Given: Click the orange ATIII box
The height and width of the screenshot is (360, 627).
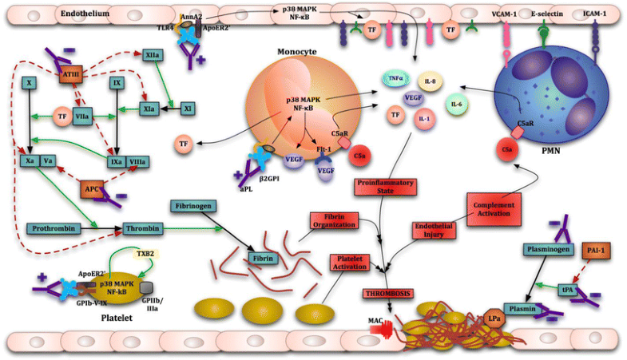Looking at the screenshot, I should (69, 75).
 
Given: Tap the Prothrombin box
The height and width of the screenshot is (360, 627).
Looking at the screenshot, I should (54, 229).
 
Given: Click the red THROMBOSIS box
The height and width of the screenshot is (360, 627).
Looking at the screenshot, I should (388, 293).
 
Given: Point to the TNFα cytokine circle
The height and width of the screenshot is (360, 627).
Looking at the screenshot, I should (394, 78).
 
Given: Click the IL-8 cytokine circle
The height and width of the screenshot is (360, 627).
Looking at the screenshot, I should (430, 81).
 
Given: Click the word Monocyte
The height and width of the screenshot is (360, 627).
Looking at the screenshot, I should (298, 52).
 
